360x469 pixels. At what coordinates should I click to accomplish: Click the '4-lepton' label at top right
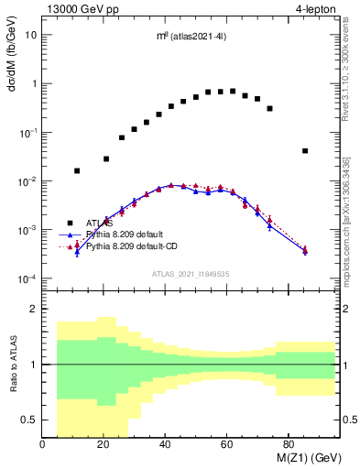pyautogui.click(x=318, y=9)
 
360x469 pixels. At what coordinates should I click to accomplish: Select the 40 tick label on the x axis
pyautogui.click(x=165, y=445)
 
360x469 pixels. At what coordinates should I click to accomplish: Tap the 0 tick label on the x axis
pyautogui.click(x=43, y=445)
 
